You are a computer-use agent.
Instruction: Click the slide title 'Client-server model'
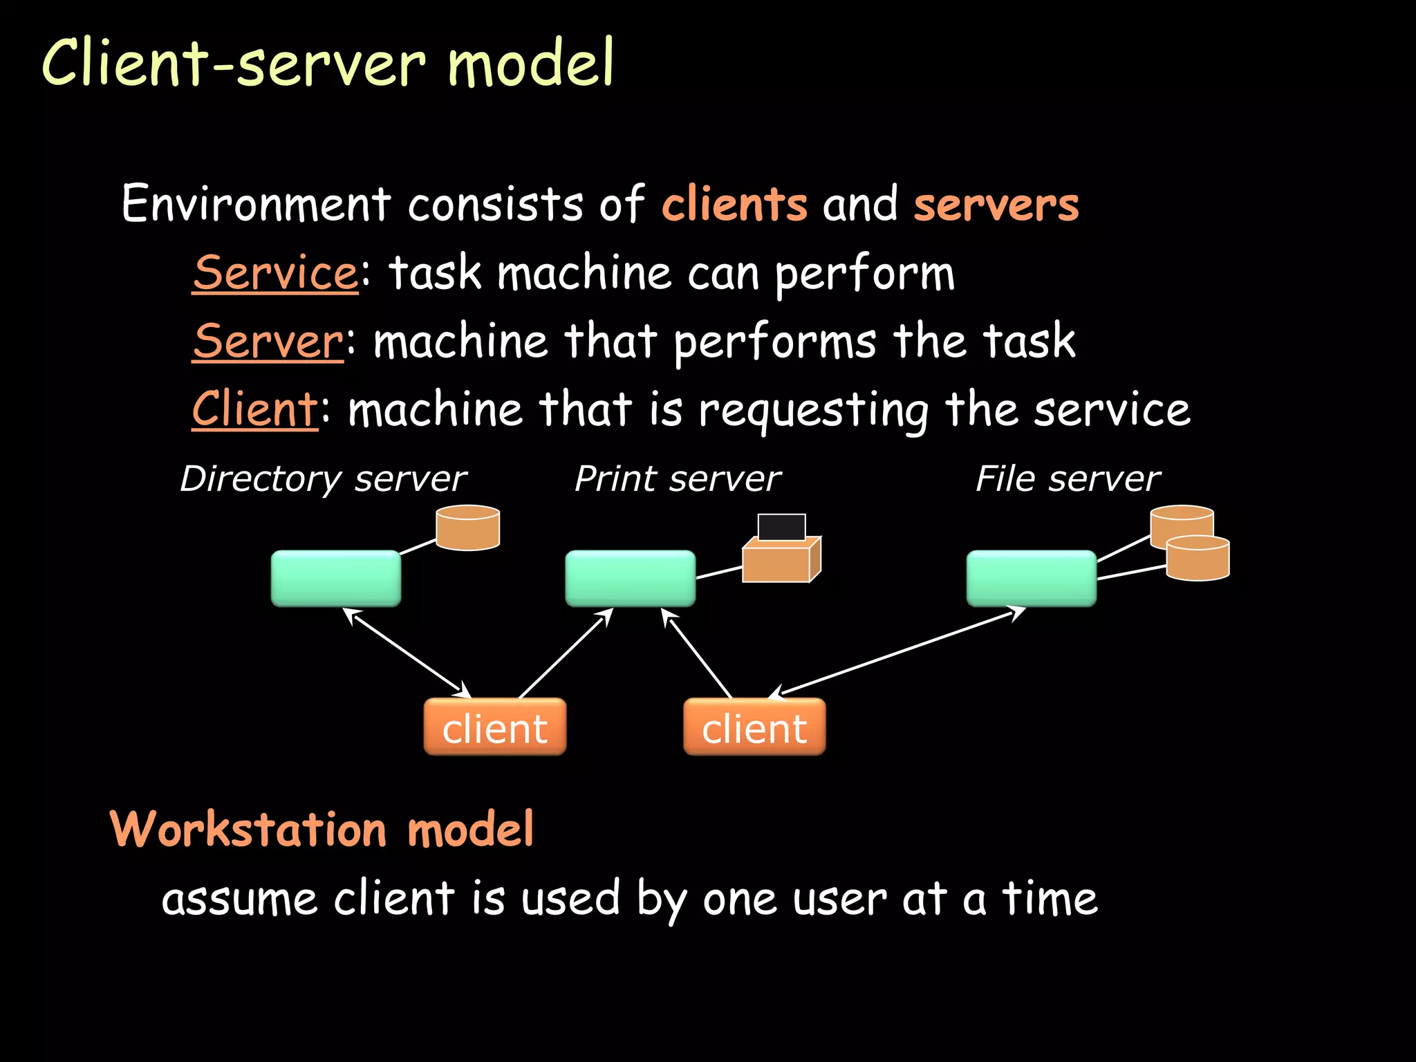click(328, 64)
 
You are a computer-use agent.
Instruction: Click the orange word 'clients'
click(734, 205)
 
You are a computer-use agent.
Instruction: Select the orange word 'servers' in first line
click(996, 205)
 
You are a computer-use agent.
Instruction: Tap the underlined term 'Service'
click(275, 272)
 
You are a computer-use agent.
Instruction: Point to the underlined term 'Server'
click(268, 341)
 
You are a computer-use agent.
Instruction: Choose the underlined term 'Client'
click(254, 409)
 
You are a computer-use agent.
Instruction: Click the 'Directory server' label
click(323, 478)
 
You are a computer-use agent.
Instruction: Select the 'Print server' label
click(678, 478)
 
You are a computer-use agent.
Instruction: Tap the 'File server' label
click(1068, 478)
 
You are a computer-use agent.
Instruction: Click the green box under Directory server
click(336, 578)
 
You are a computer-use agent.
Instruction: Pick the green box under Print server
click(630, 578)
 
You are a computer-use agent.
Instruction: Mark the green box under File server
click(1031, 578)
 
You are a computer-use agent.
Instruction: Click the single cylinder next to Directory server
click(468, 528)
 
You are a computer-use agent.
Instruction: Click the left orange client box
click(494, 727)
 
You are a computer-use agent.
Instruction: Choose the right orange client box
click(754, 727)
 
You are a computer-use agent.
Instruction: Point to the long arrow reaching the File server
click(899, 651)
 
